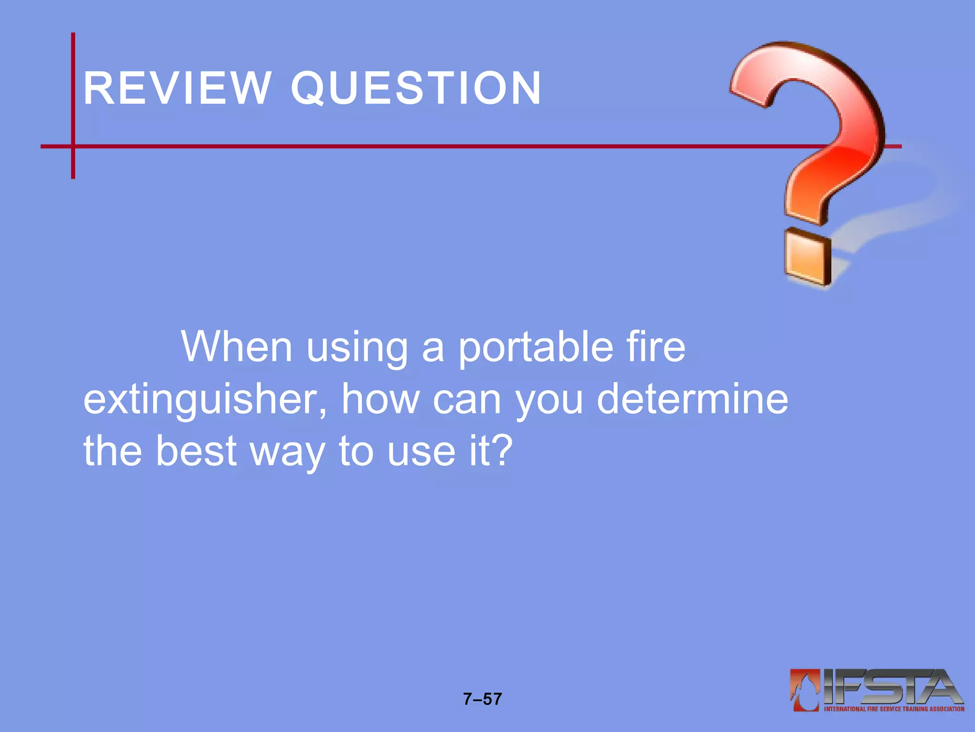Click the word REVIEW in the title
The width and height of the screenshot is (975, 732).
(x=177, y=88)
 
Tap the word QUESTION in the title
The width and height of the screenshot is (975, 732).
(x=416, y=88)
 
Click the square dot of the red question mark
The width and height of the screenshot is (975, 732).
(x=807, y=258)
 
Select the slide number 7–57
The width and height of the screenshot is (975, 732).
(x=482, y=699)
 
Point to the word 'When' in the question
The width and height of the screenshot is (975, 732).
(x=236, y=347)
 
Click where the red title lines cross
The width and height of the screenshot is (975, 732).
(x=73, y=146)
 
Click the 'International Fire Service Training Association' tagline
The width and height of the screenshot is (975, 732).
(x=894, y=709)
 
